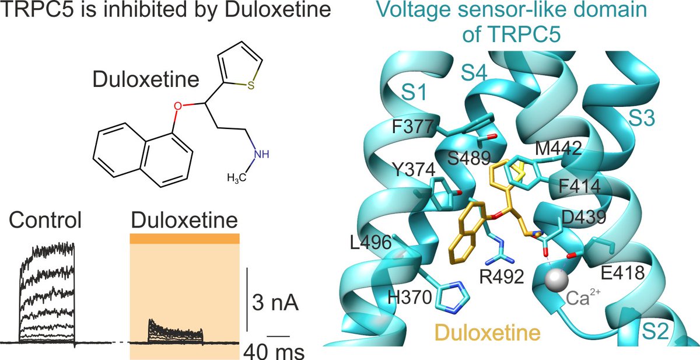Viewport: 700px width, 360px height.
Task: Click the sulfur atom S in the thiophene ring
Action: click(x=250, y=86)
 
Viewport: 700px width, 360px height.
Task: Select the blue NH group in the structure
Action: click(x=264, y=153)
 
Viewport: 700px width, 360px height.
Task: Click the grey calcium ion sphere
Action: click(x=556, y=281)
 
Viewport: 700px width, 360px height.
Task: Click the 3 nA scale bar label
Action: click(x=281, y=305)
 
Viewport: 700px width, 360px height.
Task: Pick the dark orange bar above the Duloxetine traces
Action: click(x=184, y=239)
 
